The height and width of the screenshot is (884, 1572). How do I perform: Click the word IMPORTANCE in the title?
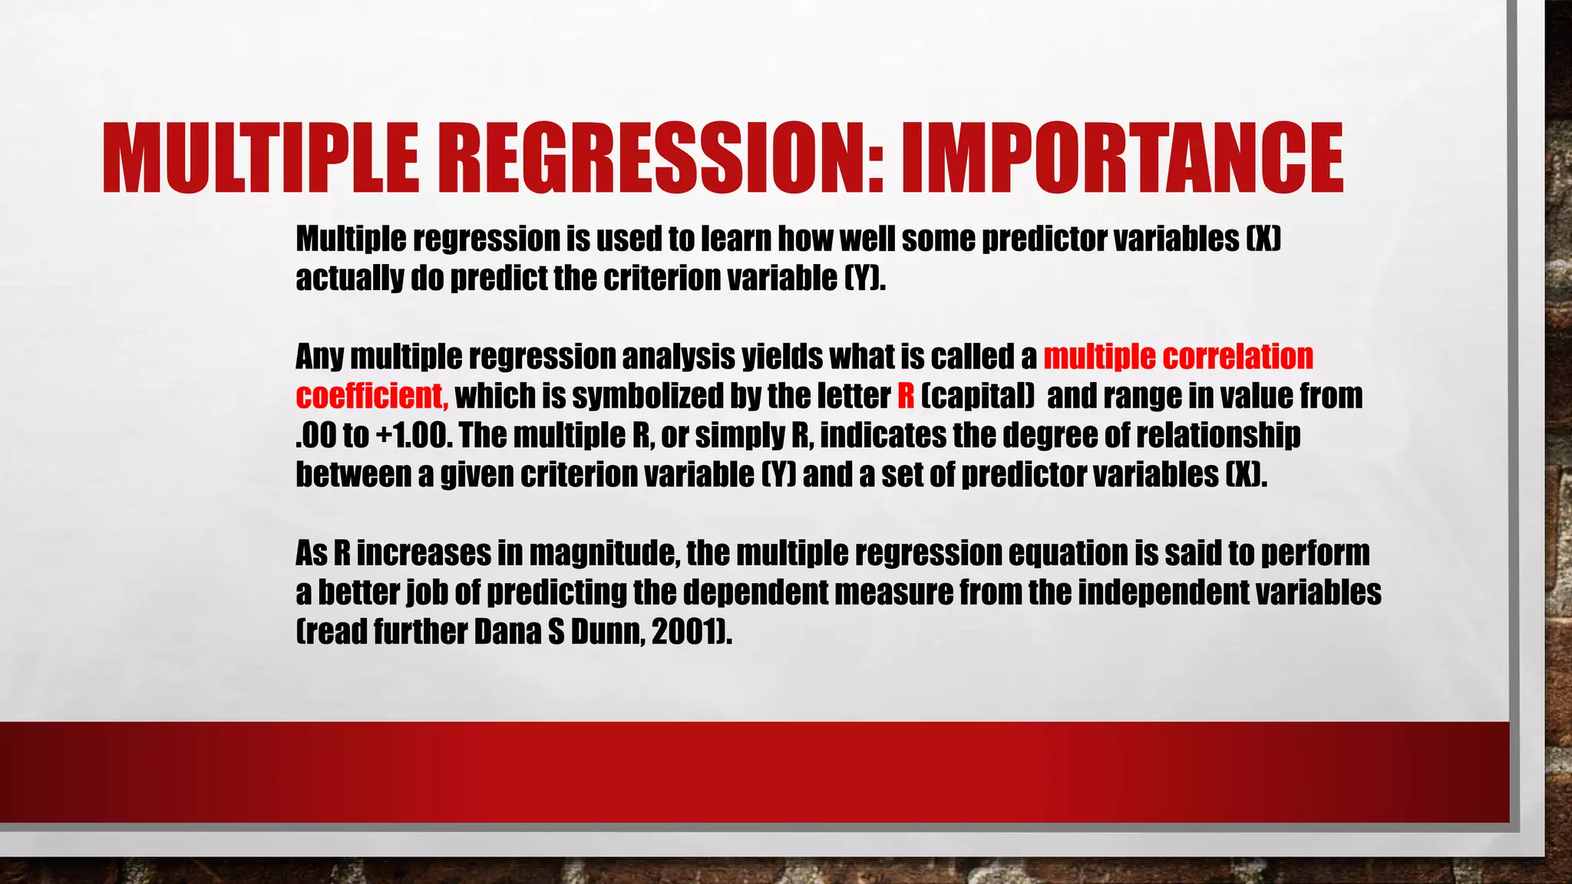[1121, 159]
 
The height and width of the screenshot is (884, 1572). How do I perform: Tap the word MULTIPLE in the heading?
[261, 159]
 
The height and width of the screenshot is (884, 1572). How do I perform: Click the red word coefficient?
[372, 396]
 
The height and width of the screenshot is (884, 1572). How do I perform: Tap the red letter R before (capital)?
[906, 396]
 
